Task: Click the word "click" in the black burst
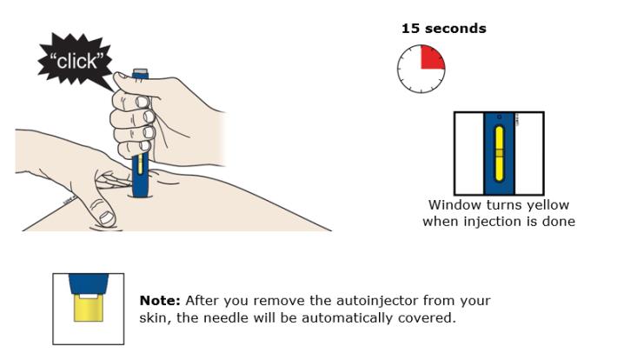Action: coord(76,61)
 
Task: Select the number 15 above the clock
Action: coord(411,29)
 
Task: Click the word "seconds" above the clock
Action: coord(455,29)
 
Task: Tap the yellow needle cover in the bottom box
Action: coord(89,309)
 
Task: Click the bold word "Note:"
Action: coord(160,300)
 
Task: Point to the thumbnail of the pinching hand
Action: coord(106,217)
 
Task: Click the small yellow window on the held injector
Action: coord(140,163)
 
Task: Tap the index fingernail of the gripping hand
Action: coord(142,102)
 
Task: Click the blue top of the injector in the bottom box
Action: coord(89,284)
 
